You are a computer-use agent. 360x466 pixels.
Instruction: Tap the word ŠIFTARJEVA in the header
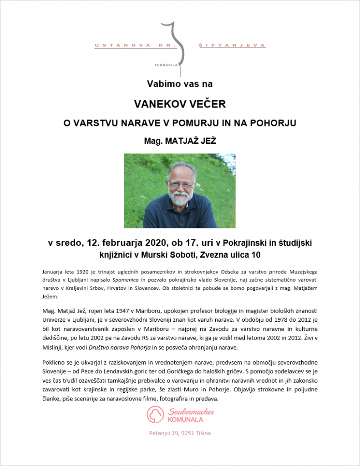[x=232, y=46]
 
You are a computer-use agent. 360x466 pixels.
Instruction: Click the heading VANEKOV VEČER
[x=180, y=104]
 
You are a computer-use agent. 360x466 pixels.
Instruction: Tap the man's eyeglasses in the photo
[x=181, y=185]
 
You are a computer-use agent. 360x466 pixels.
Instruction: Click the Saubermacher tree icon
[x=155, y=415]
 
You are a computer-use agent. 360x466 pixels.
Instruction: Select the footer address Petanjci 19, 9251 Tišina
[x=180, y=433]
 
